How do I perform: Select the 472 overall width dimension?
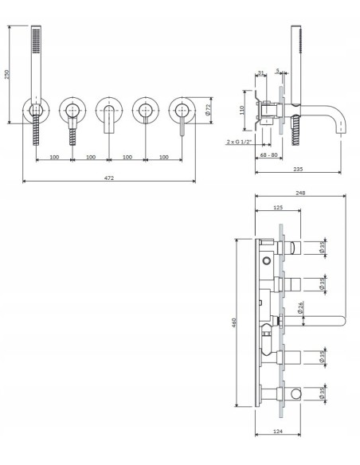pyautogui.click(x=108, y=178)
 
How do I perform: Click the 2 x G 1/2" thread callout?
pyautogui.click(x=239, y=142)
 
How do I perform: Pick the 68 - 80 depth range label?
pyautogui.click(x=268, y=155)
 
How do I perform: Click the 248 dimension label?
pyautogui.click(x=300, y=192)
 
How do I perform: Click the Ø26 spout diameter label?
pyautogui.click(x=301, y=307)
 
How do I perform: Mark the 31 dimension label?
pyautogui.click(x=262, y=74)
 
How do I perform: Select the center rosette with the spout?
pyautogui.click(x=108, y=111)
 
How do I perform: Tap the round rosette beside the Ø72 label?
pyautogui.click(x=182, y=111)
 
